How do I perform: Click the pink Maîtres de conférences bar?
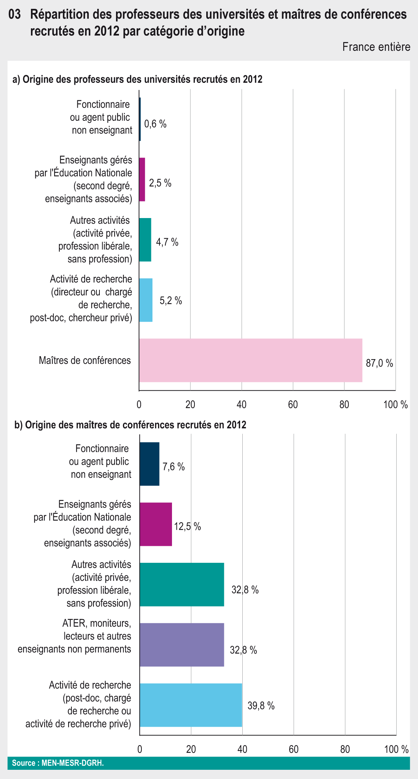(x=250, y=360)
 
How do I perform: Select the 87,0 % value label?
(x=379, y=364)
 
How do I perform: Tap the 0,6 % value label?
(x=155, y=124)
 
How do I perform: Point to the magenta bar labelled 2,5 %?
(x=142, y=179)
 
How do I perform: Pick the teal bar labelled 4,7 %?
(x=145, y=240)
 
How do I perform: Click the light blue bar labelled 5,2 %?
(x=146, y=300)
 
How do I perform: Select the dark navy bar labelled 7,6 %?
(x=150, y=464)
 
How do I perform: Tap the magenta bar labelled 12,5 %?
(x=156, y=524)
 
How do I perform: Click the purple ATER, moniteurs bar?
(x=182, y=645)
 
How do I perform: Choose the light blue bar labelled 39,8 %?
(x=191, y=705)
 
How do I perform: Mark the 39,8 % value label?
(x=261, y=706)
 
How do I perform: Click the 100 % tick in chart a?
(x=395, y=405)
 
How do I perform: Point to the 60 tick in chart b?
(x=294, y=749)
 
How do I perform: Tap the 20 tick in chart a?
(x=190, y=405)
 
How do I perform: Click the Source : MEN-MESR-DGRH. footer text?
(x=58, y=763)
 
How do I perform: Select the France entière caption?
(x=376, y=47)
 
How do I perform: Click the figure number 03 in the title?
(x=14, y=15)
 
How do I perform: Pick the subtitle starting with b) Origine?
(x=130, y=425)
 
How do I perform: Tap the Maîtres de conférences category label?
(x=85, y=360)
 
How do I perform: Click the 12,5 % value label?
(x=187, y=526)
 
